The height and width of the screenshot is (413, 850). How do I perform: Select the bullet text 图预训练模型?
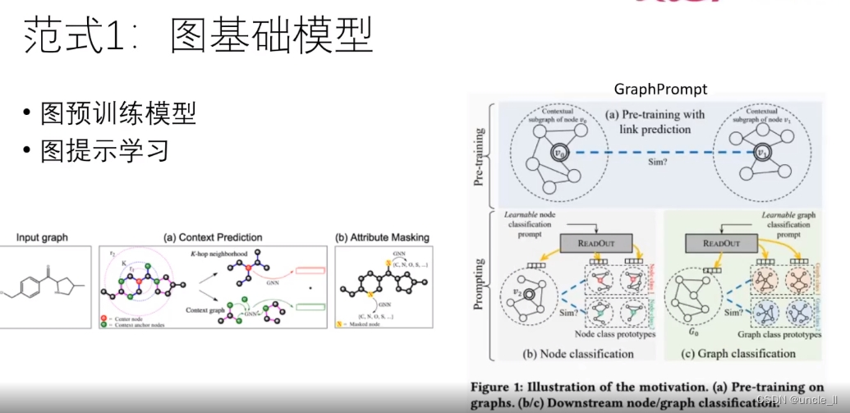point(118,114)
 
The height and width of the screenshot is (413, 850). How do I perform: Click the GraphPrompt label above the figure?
point(660,89)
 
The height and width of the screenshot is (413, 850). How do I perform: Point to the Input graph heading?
point(44,238)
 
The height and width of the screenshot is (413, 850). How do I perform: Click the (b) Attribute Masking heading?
point(382,238)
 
